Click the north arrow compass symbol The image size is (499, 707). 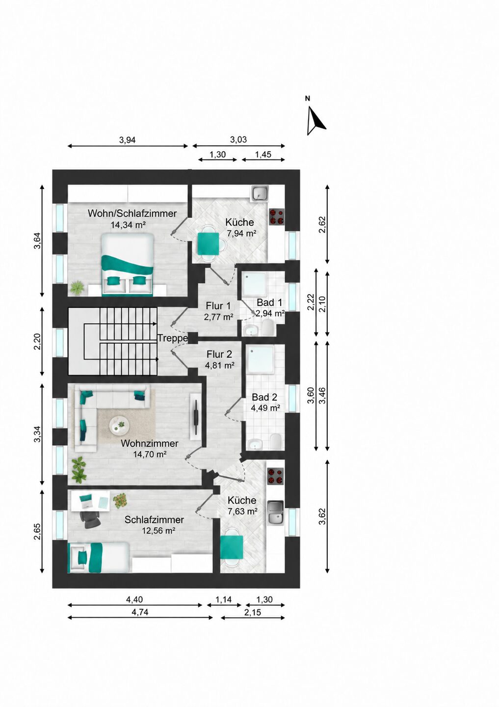[315, 121]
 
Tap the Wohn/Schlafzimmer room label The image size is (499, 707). [132, 213]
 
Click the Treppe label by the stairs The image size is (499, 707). [173, 338]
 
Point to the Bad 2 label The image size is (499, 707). [264, 397]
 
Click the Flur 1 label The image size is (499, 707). [218, 306]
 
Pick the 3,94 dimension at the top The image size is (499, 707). [128, 140]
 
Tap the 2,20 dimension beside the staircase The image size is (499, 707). [38, 342]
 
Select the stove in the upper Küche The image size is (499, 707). [277, 216]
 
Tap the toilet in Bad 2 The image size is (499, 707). [275, 441]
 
